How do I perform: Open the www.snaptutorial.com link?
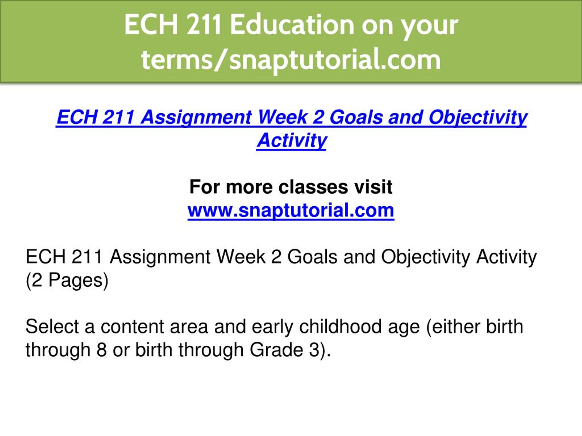[291, 211]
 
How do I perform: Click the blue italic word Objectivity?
[478, 117]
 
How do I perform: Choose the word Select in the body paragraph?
[52, 327]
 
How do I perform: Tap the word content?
[132, 327]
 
